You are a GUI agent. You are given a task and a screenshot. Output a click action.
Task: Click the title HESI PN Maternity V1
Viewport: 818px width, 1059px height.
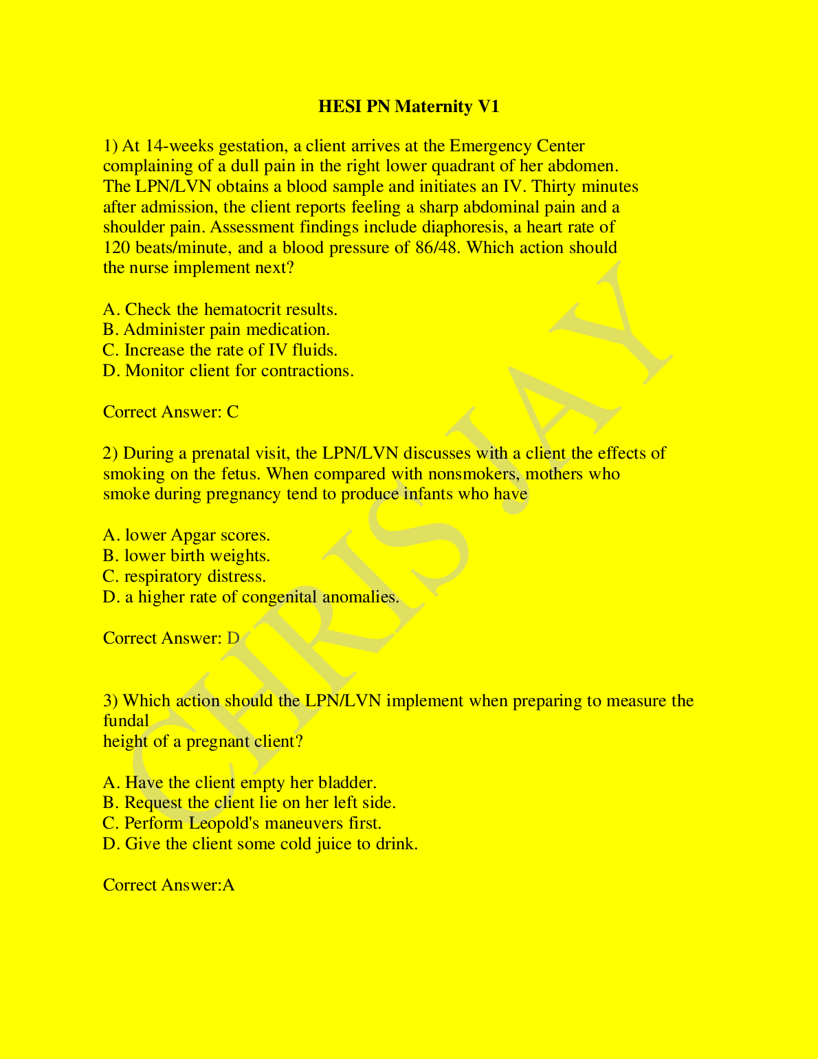click(408, 107)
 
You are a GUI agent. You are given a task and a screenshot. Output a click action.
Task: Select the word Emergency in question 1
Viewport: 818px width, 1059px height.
click(490, 146)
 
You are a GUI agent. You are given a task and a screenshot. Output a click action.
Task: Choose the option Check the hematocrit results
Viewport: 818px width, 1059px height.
click(220, 309)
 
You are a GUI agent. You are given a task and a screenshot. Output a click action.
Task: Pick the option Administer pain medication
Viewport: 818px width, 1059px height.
click(217, 330)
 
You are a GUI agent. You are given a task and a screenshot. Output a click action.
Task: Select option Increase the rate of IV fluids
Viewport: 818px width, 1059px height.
click(220, 351)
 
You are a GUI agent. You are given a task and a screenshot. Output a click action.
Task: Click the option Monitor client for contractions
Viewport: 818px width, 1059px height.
click(228, 371)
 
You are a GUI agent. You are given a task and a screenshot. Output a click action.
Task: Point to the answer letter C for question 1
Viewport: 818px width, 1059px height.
click(233, 413)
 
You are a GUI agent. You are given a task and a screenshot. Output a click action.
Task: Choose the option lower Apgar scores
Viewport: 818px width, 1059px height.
click(186, 536)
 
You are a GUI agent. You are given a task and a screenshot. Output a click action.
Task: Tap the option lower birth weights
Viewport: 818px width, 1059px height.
click(186, 556)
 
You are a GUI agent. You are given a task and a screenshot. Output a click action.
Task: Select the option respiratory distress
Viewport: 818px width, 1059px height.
click(184, 577)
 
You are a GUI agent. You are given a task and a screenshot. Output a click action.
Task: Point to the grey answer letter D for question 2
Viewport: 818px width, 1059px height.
click(233, 639)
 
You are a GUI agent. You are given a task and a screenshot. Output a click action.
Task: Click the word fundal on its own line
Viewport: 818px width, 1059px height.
click(126, 721)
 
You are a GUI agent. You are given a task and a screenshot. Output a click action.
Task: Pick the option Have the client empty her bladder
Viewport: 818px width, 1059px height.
click(240, 783)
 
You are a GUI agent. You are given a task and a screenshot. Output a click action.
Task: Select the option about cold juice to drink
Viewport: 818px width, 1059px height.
click(261, 844)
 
